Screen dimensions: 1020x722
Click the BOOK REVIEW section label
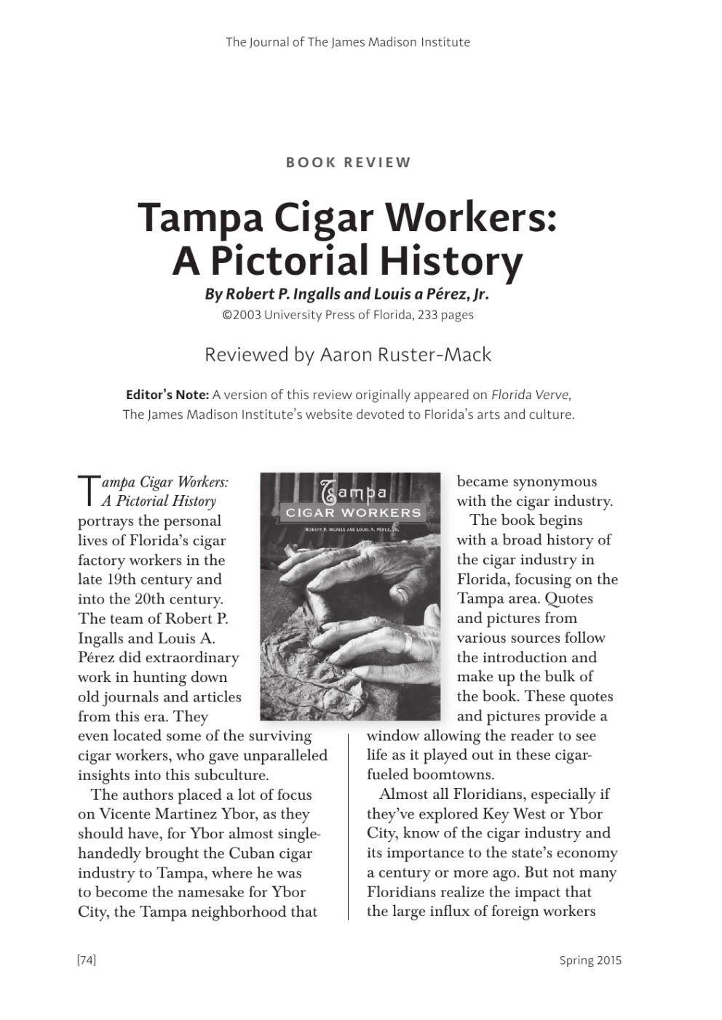click(348, 163)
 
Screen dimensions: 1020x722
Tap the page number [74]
click(87, 960)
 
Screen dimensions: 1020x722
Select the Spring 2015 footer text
click(590, 960)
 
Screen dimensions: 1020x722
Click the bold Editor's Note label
click(167, 395)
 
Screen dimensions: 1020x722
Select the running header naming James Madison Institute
click(347, 42)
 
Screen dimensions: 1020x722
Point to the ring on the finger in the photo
click(409, 643)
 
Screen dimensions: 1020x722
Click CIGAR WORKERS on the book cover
click(353, 513)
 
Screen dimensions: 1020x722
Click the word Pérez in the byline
click(432, 294)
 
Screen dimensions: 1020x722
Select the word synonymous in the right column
click(555, 482)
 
